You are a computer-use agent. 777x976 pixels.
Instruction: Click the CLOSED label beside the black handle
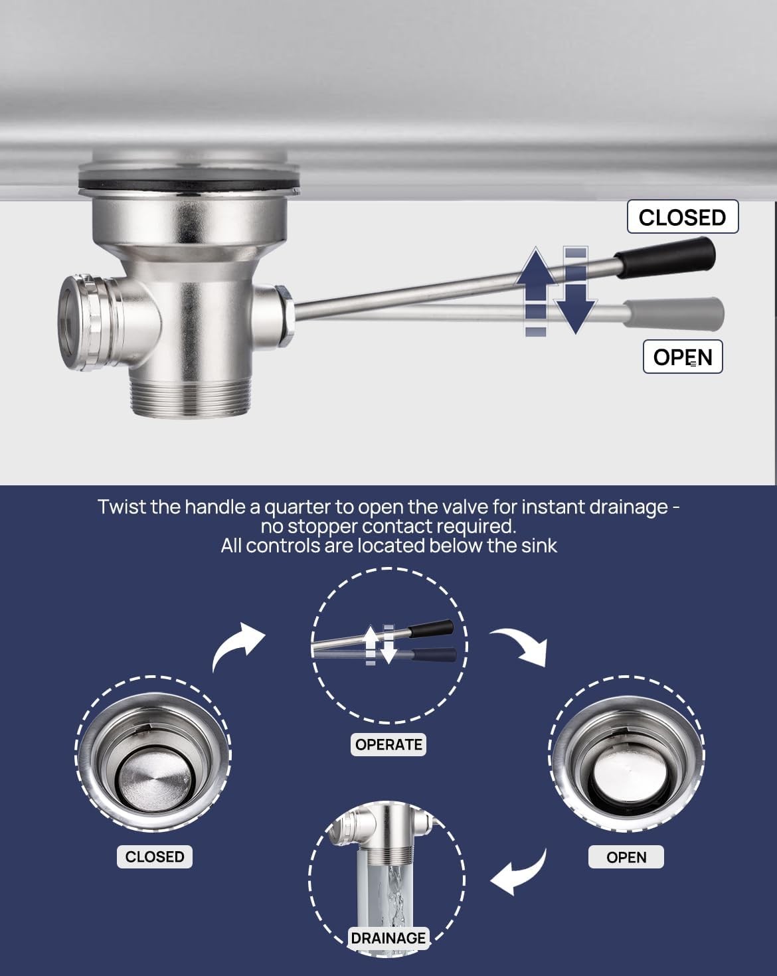(x=683, y=217)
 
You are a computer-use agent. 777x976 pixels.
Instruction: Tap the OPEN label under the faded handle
(x=683, y=357)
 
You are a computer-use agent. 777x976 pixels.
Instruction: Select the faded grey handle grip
(x=673, y=313)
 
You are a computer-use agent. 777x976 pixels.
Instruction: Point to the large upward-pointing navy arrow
(x=536, y=290)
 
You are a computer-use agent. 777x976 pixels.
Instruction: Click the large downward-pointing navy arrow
(x=576, y=290)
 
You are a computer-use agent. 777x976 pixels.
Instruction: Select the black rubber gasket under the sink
(x=189, y=186)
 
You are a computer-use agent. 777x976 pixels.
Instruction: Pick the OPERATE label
(x=388, y=744)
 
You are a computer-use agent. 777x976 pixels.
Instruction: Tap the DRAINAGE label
(x=388, y=938)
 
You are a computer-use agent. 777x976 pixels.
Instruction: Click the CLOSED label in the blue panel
(x=155, y=856)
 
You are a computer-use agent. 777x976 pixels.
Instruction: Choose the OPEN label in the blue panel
(x=626, y=856)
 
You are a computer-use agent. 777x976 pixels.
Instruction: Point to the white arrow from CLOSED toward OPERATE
(x=236, y=645)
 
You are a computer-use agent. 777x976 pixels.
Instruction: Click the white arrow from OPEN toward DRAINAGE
(x=521, y=873)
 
